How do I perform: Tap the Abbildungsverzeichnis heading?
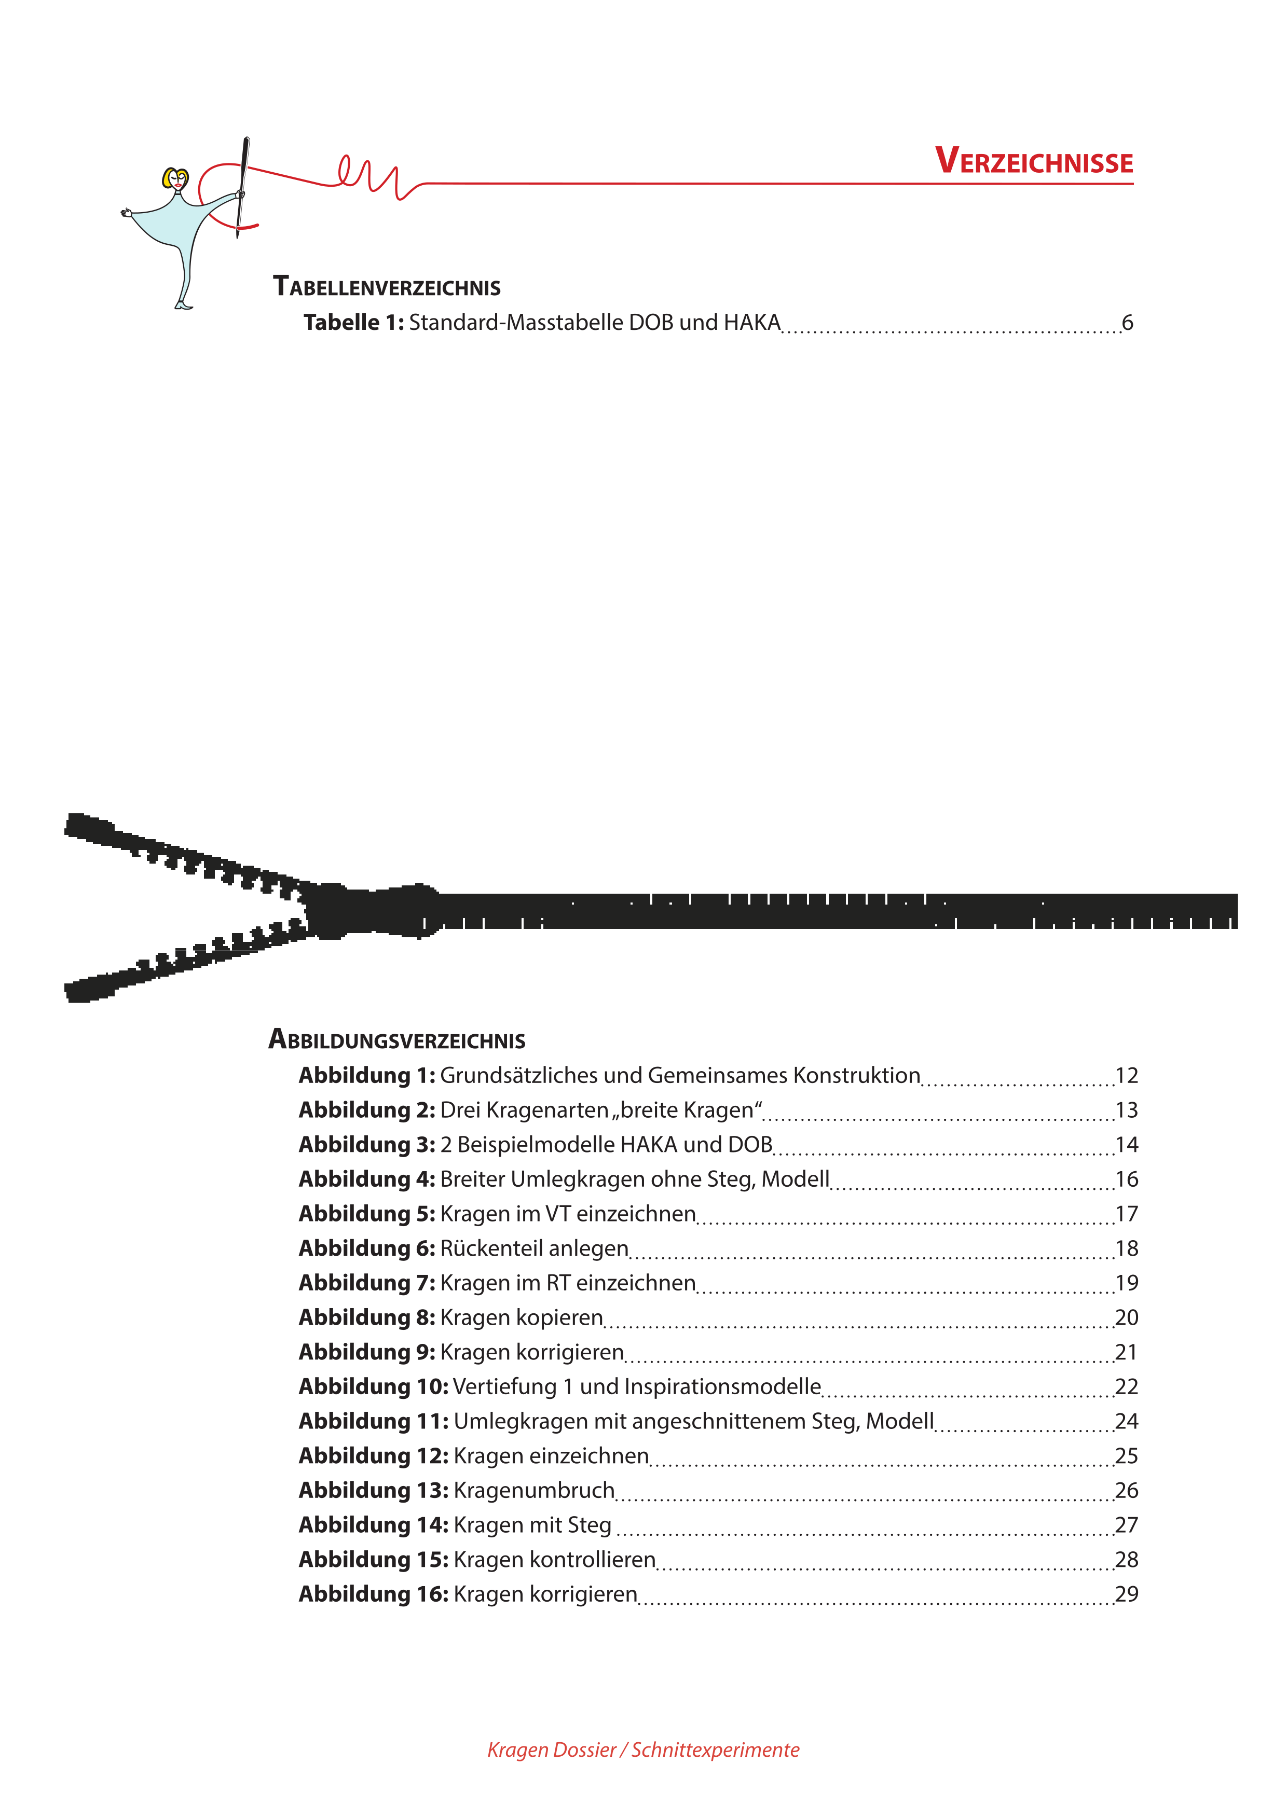pos(396,1039)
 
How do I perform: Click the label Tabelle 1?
pos(353,323)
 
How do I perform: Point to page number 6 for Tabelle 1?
pos(1127,323)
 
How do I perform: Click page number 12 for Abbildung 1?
pos(1126,1076)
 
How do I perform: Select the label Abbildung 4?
pos(367,1179)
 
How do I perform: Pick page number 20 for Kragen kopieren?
pos(1126,1317)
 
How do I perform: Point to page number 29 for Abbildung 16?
pos(1126,1594)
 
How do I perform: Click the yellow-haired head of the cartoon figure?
pos(175,179)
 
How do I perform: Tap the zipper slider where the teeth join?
pos(373,911)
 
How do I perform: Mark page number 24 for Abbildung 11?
pos(1126,1421)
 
